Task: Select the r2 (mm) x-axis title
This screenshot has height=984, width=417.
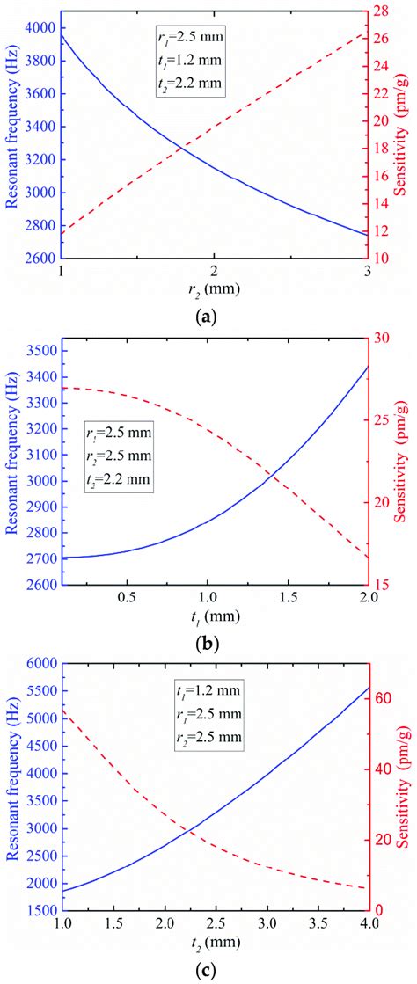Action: pyautogui.click(x=214, y=288)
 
